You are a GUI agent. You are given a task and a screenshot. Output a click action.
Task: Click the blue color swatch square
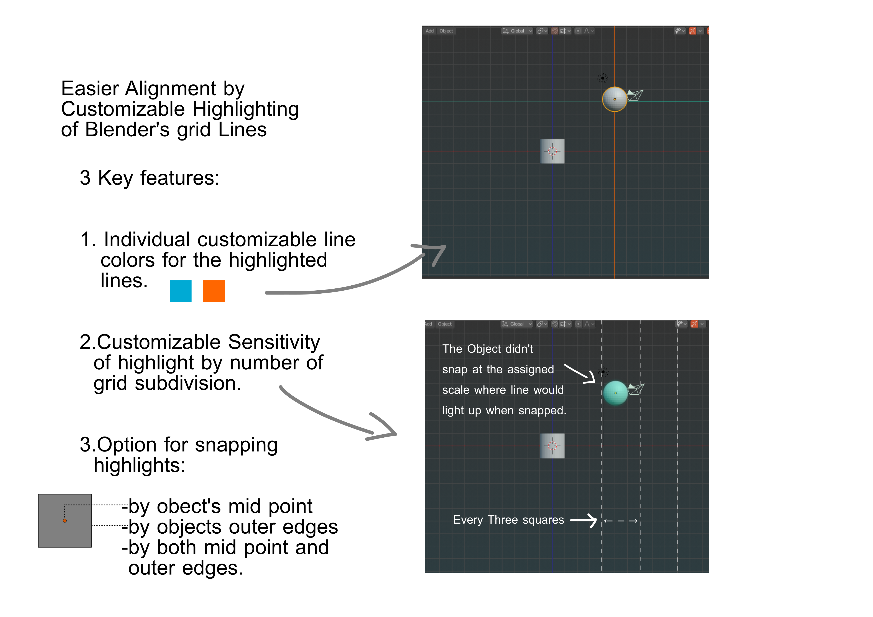point(181,291)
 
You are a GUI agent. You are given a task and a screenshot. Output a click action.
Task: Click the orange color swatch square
point(214,291)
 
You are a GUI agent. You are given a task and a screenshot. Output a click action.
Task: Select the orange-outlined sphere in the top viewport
point(615,99)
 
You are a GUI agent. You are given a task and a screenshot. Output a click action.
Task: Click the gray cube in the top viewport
point(552,151)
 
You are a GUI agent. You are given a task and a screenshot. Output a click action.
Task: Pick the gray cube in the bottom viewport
point(552,446)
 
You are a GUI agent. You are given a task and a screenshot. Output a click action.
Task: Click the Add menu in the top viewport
point(430,31)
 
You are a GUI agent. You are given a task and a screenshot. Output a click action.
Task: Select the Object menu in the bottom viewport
point(445,324)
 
